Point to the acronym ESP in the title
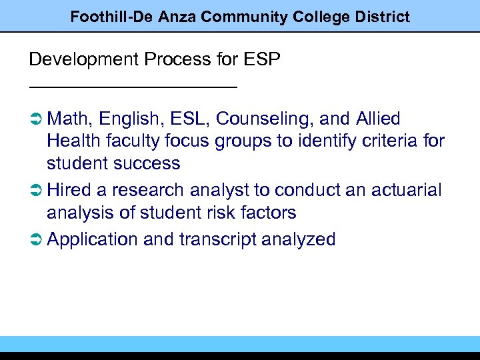coord(263,59)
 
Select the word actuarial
coord(403,191)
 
